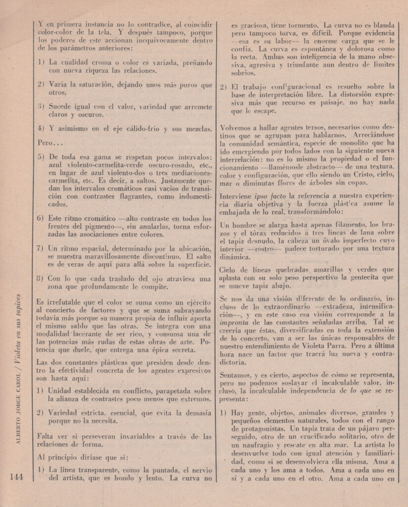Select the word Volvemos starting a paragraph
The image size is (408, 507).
238,126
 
